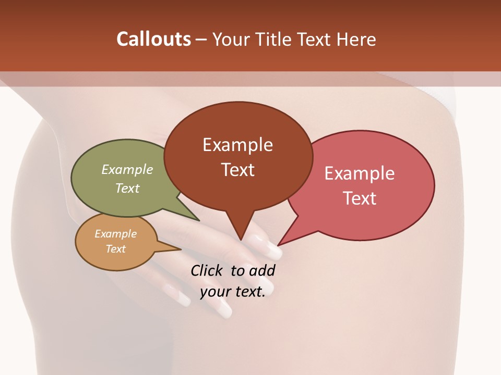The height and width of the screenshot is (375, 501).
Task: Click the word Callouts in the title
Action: click(x=153, y=39)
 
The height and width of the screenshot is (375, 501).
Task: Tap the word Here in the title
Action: click(x=356, y=39)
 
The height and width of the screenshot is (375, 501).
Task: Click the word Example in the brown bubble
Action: click(x=237, y=145)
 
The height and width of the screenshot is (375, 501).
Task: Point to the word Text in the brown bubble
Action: click(x=237, y=170)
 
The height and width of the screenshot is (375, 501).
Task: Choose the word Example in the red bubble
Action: click(x=360, y=173)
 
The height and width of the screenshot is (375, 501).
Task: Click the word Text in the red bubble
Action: click(x=360, y=198)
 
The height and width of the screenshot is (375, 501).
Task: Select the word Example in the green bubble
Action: click(x=127, y=169)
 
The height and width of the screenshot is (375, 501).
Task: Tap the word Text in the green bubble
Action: click(x=127, y=188)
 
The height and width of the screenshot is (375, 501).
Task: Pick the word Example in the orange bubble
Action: click(x=116, y=234)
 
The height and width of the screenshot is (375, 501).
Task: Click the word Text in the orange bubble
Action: click(x=116, y=249)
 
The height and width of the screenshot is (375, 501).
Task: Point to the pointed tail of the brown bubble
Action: click(x=241, y=237)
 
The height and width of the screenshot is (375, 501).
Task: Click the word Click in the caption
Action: click(x=207, y=270)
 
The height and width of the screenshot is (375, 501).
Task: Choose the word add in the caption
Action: click(x=261, y=270)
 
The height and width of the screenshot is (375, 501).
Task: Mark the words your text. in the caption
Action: click(x=233, y=292)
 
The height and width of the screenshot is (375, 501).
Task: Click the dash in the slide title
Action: click(x=201, y=40)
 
